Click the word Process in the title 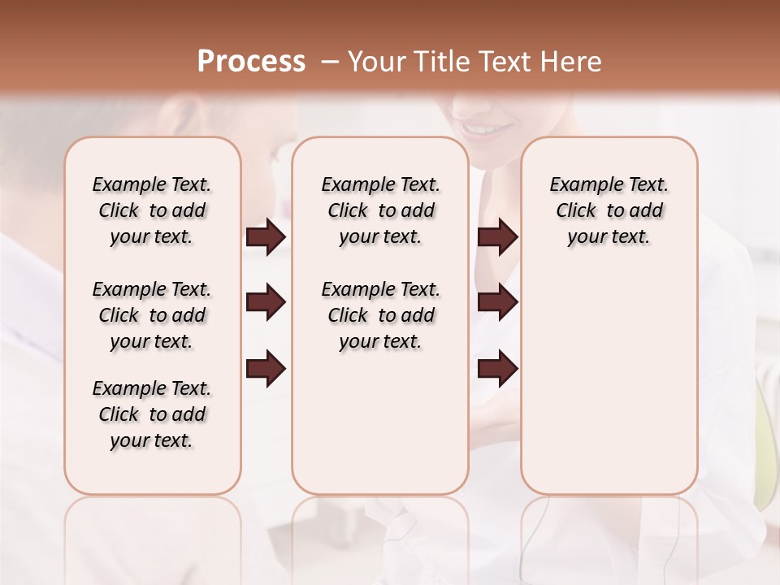251,62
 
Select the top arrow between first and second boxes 266,237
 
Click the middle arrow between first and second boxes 266,303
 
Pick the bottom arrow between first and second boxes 266,369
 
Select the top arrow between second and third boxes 497,237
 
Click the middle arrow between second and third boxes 497,303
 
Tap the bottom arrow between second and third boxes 497,369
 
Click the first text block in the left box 152,210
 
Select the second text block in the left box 152,315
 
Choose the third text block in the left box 152,414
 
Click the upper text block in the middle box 380,210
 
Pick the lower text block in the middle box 380,315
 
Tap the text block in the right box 609,210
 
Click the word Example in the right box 583,185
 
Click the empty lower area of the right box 609,390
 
